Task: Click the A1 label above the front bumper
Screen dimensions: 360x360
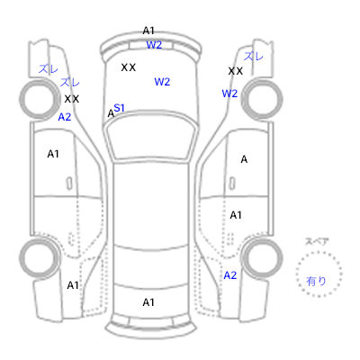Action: click(148, 31)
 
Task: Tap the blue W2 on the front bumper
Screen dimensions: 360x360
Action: click(154, 45)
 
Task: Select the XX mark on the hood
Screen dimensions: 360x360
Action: click(129, 67)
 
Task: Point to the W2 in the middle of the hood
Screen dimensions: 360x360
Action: click(162, 82)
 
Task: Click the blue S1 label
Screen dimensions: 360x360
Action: click(119, 108)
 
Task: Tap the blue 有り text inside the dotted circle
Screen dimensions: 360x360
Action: click(316, 281)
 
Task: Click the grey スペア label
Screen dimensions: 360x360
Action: click(317, 241)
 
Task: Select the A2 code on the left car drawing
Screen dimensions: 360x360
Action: click(65, 117)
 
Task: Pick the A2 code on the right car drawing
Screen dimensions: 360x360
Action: click(230, 275)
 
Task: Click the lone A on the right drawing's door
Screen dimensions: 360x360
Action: click(244, 159)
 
